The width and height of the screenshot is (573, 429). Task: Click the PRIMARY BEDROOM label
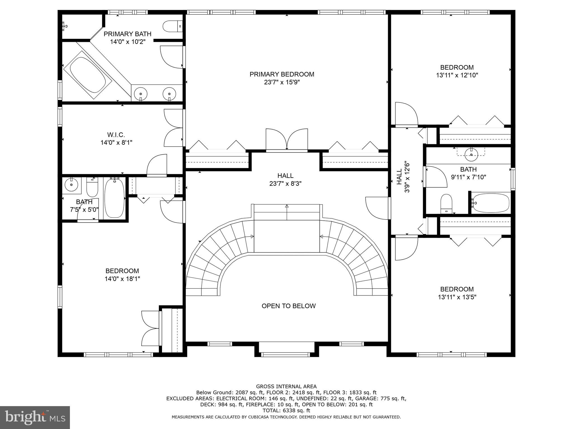tap(282, 74)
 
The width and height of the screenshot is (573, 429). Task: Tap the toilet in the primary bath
tap(172, 26)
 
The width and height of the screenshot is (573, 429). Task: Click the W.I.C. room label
tap(116, 135)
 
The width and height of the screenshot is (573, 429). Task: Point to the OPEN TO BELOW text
tap(288, 306)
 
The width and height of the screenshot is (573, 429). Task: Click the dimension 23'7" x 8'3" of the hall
tap(285, 183)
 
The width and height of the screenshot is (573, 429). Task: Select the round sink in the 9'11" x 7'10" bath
tap(471, 154)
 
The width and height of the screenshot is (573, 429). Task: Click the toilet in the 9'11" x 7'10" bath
tap(446, 204)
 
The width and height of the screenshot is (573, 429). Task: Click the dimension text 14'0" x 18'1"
tap(122, 279)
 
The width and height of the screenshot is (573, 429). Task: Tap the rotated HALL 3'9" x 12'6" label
tap(403, 177)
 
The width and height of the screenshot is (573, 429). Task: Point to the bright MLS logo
tap(35, 417)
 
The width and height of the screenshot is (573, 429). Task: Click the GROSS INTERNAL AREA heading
tap(286, 387)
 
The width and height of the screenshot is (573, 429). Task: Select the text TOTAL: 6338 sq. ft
tap(286, 411)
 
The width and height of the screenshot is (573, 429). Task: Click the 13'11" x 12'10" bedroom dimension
tap(457, 75)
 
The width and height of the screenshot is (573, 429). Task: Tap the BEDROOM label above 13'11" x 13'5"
tap(457, 289)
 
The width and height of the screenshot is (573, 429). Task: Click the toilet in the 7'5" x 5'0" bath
tap(92, 187)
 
